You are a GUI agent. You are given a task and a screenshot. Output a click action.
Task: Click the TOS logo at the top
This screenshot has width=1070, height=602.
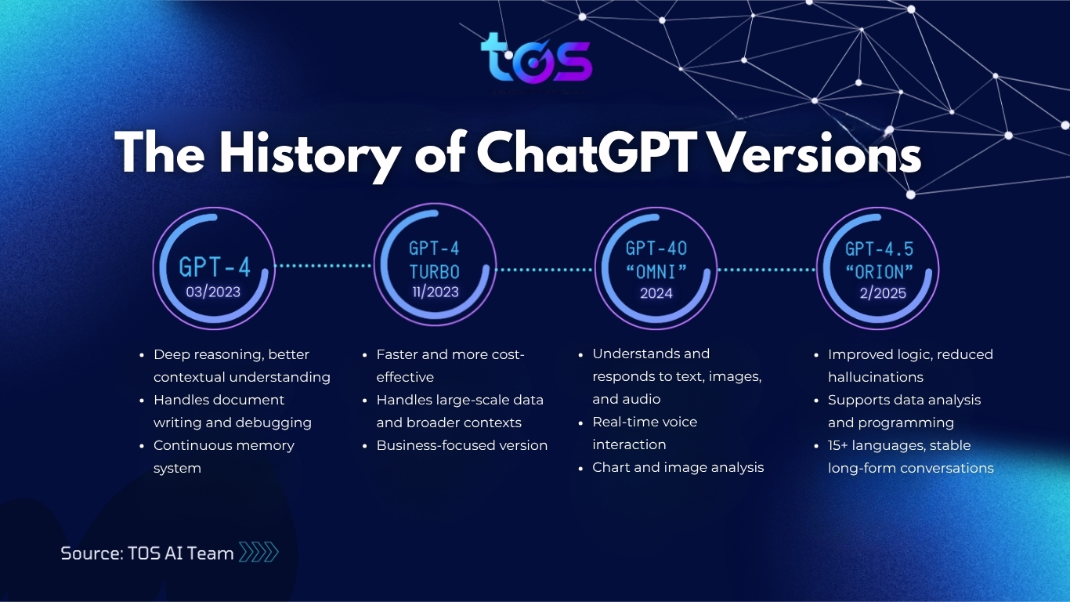[536, 59]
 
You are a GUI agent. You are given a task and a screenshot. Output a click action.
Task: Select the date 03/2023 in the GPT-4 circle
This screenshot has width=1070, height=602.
[213, 292]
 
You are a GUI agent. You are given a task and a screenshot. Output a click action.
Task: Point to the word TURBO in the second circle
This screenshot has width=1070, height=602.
[434, 272]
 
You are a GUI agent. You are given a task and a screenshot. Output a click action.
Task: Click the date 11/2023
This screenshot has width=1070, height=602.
[434, 292]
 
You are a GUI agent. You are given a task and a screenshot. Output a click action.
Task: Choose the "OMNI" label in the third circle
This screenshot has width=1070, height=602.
[656, 272]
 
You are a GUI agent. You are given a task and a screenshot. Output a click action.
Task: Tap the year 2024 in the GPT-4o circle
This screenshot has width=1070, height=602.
[656, 293]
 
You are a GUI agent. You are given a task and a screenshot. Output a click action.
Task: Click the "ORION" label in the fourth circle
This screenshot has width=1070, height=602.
[879, 272]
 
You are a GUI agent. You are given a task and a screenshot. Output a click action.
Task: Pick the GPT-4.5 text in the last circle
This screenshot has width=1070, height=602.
[879, 249]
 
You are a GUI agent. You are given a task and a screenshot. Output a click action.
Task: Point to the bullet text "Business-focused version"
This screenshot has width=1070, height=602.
[461, 445]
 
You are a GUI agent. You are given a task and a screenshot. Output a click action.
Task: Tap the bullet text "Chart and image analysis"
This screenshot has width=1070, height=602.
[678, 467]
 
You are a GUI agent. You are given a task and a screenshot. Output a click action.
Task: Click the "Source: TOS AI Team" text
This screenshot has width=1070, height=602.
[147, 553]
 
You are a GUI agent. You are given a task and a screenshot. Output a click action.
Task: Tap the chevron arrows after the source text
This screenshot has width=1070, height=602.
[258, 553]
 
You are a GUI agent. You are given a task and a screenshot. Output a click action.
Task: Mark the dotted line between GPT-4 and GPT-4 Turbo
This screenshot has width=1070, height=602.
[324, 266]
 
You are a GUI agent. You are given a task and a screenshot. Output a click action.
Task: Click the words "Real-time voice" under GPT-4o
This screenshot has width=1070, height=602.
[644, 422]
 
